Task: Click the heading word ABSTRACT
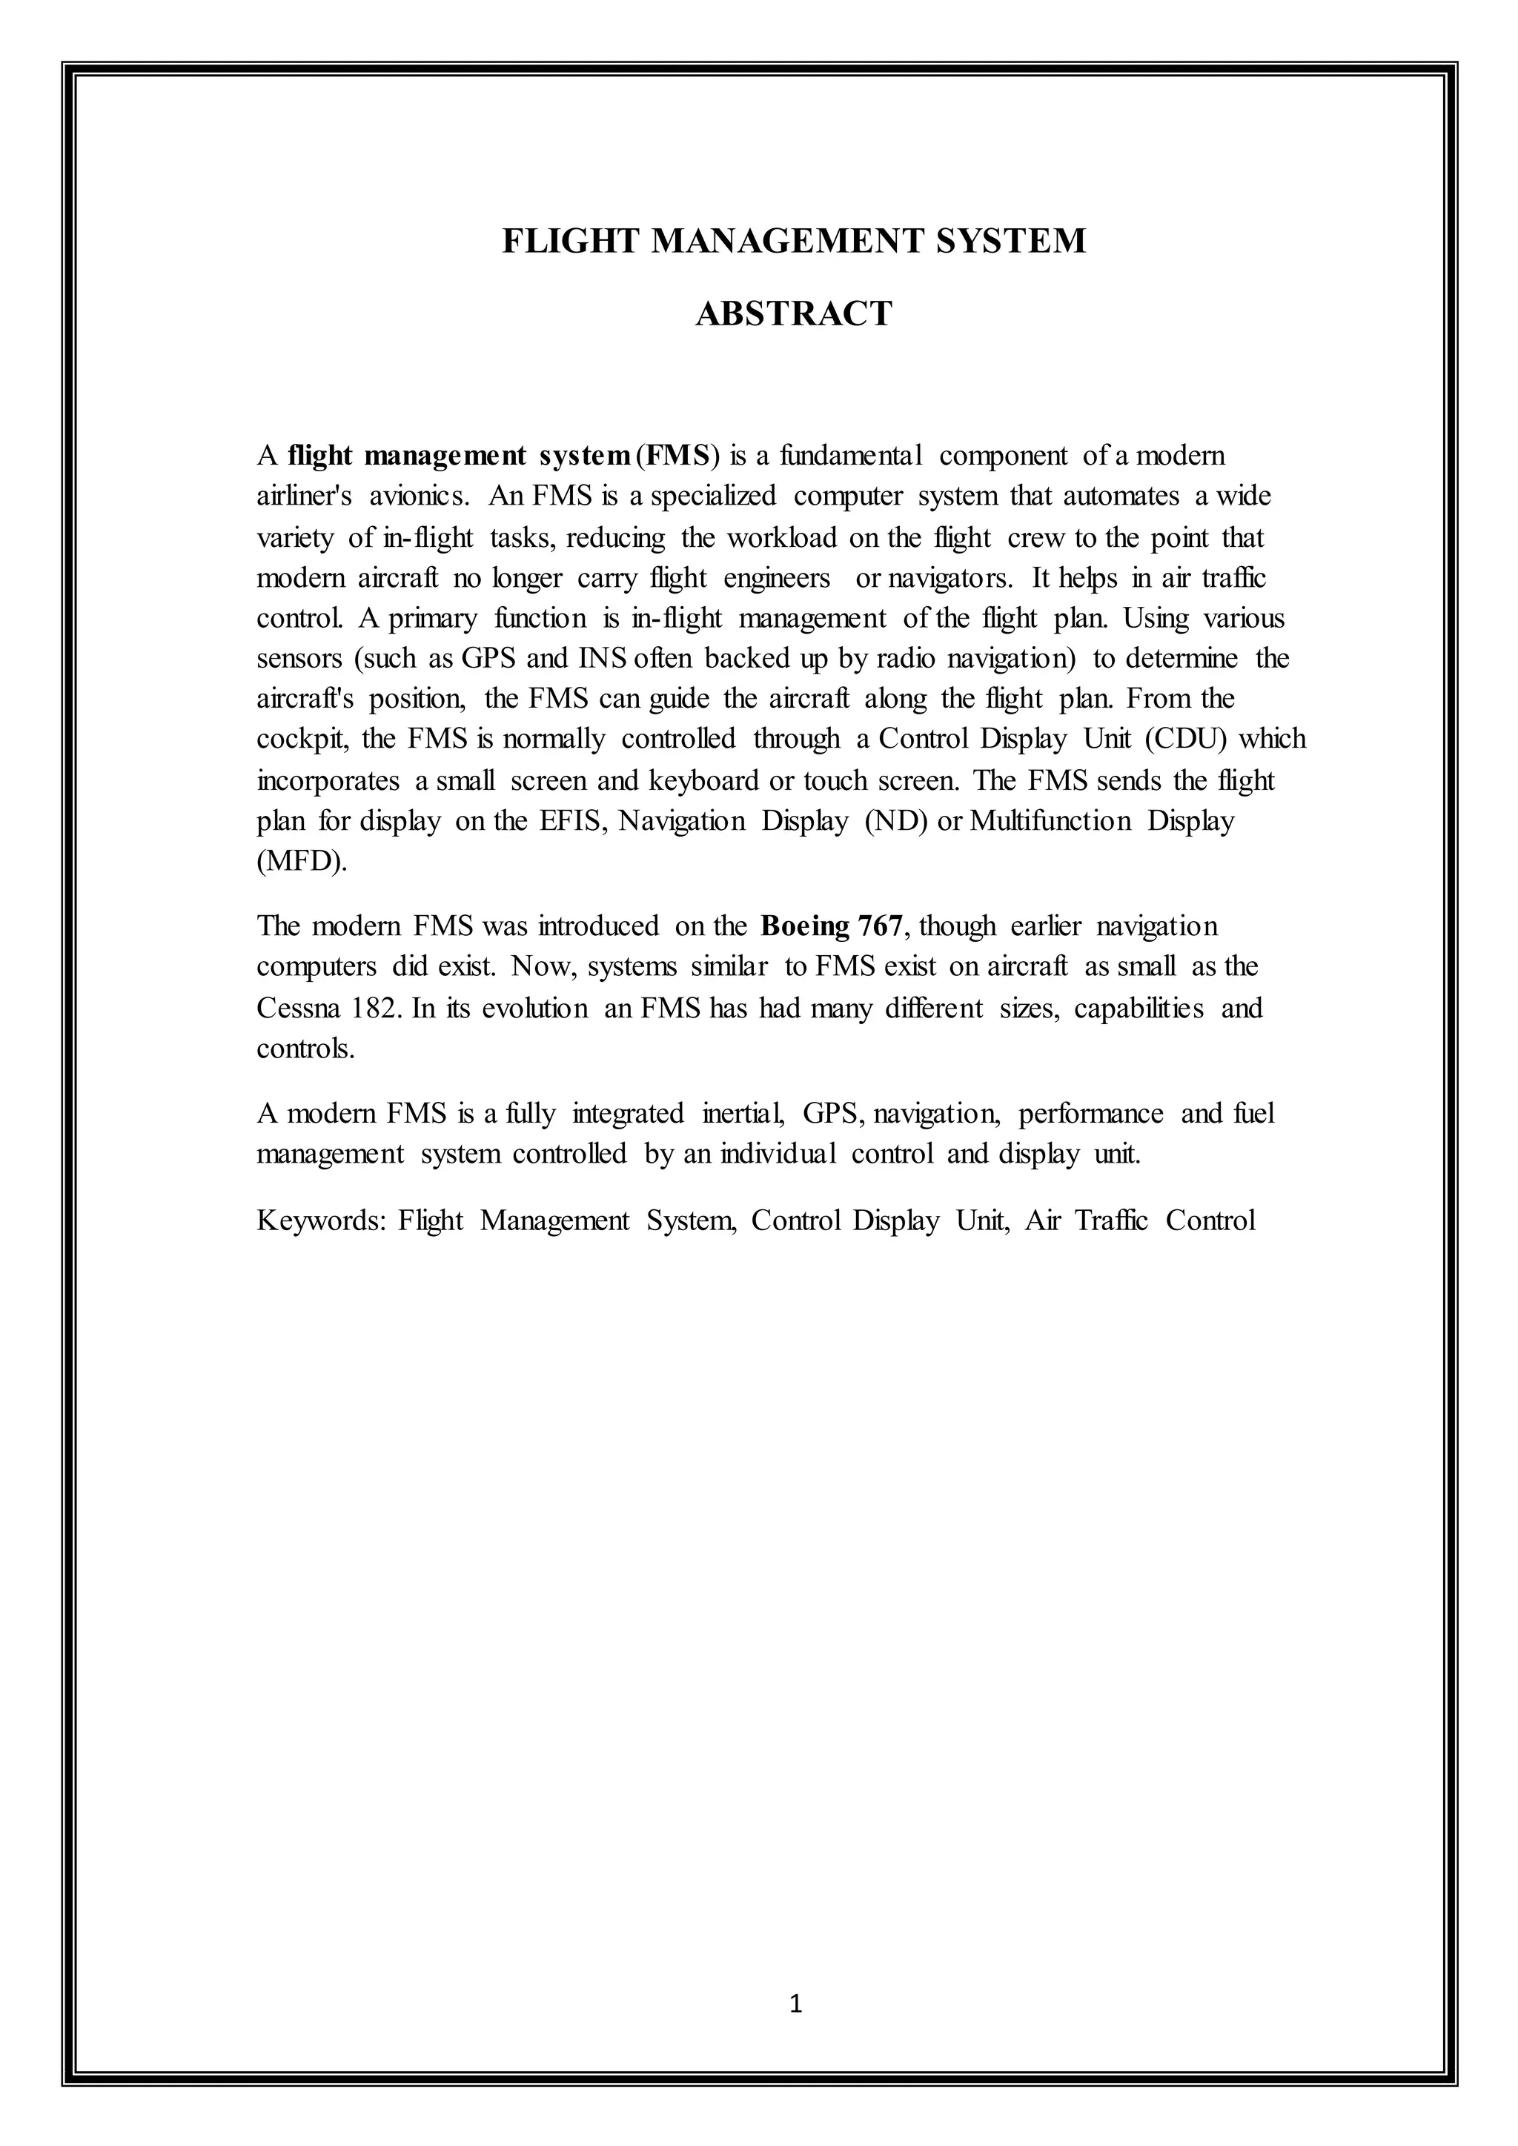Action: (x=794, y=313)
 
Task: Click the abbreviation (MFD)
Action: (x=301, y=861)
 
